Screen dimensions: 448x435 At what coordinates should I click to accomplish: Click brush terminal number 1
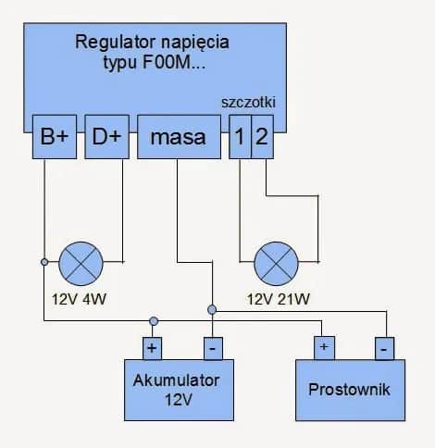pyautogui.click(x=239, y=138)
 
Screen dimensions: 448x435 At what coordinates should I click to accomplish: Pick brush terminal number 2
pyautogui.click(x=262, y=138)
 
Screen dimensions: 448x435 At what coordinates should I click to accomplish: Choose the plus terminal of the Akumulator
pyautogui.click(x=153, y=348)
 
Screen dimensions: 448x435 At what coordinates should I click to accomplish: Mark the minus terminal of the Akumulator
pyautogui.click(x=212, y=348)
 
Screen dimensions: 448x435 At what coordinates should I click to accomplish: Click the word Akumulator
pyautogui.click(x=182, y=380)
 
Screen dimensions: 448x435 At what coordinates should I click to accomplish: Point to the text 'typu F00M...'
pyautogui.click(x=153, y=62)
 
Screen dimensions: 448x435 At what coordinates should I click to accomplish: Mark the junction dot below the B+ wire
pyautogui.click(x=43, y=262)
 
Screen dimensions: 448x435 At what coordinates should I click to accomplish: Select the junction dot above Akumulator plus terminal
pyautogui.click(x=153, y=321)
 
